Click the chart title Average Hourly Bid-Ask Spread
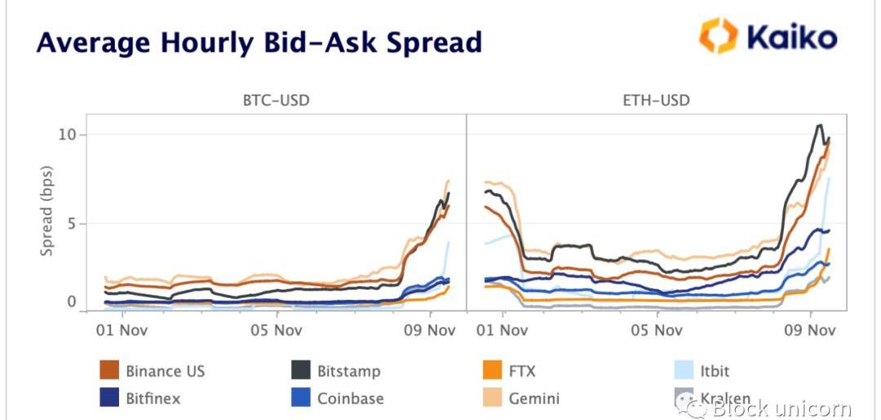coord(259,42)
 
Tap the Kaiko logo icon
coord(718,36)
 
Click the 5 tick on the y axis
coord(71,223)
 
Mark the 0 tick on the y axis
coord(71,302)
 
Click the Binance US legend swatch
coord(108,371)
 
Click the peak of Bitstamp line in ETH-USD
coord(819,125)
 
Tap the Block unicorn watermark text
coord(781,408)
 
